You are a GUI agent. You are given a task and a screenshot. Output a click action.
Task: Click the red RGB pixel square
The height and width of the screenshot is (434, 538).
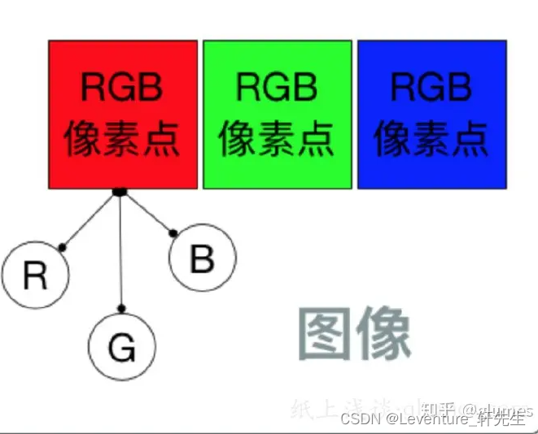[x=123, y=114]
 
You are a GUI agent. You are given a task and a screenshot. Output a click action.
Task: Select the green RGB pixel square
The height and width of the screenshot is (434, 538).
[x=277, y=114]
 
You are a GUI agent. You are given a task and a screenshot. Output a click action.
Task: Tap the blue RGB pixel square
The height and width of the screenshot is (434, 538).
[x=431, y=114]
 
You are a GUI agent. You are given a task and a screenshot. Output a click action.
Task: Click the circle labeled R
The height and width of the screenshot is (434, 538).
[x=34, y=276]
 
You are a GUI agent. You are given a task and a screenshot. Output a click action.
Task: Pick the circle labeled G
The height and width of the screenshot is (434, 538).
[x=121, y=348]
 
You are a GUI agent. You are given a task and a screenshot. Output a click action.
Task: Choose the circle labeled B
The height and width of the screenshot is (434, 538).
[x=202, y=259]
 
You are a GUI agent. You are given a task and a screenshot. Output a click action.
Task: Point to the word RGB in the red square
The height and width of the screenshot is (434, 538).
[x=122, y=87]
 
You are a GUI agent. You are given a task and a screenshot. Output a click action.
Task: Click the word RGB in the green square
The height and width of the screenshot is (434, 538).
[x=277, y=87]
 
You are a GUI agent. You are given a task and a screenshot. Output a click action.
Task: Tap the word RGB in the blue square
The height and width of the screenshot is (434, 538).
[x=431, y=87]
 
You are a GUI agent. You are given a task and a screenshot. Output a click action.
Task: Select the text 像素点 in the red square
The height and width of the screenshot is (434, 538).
[x=122, y=137]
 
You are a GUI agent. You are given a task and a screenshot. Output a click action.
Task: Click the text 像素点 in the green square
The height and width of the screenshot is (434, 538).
[x=277, y=137]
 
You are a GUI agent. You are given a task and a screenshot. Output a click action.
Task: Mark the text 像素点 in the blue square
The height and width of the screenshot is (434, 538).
[x=431, y=137]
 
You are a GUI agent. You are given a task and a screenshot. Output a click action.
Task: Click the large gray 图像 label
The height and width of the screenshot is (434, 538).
[x=353, y=333]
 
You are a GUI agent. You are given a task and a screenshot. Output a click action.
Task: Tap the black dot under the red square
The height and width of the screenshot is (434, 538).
[x=119, y=192]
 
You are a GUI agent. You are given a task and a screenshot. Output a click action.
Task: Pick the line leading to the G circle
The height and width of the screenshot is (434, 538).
[x=120, y=252]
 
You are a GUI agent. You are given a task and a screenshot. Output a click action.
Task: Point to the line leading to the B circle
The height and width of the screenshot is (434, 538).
[x=147, y=213]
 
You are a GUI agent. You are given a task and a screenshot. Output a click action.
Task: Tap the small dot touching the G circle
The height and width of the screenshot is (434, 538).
[x=122, y=308]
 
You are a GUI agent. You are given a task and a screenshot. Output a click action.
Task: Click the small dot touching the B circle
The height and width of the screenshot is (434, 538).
[x=173, y=235]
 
